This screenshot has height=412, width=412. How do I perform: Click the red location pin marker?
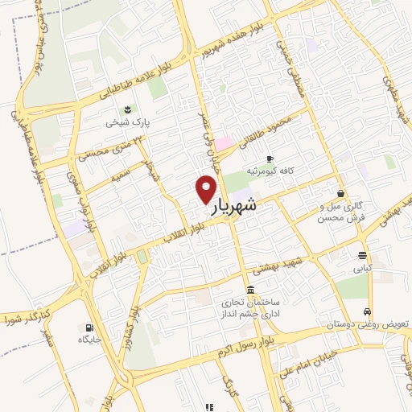[206, 190]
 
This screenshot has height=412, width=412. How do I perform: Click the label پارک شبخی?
[125, 123]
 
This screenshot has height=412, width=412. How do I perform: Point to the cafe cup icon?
[270, 159]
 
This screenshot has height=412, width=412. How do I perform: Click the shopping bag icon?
[341, 193]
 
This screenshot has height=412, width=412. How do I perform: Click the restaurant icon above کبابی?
[362, 257]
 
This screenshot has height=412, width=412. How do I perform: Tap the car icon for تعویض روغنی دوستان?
[368, 311]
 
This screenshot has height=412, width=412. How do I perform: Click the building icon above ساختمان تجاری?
[251, 290]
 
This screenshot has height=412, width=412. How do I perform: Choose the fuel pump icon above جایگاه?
[88, 328]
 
